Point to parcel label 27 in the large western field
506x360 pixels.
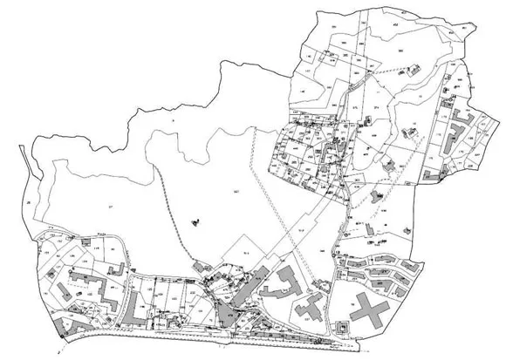coord(111,205)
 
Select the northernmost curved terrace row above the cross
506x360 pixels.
coord(375,259)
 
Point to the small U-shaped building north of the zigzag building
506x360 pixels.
coord(85,240)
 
